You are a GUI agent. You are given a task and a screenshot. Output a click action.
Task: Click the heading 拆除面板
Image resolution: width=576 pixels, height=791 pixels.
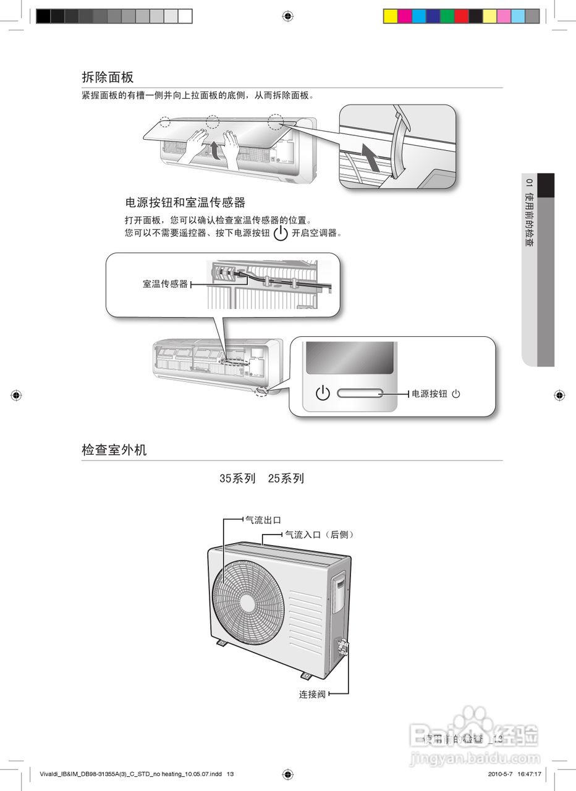point(108,77)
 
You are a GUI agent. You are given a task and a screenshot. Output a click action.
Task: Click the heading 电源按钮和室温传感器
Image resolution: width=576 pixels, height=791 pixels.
point(185,203)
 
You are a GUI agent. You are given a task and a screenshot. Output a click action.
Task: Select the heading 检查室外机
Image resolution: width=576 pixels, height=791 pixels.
point(114,450)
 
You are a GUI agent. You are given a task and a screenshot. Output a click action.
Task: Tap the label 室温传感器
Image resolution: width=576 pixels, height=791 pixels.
point(165,284)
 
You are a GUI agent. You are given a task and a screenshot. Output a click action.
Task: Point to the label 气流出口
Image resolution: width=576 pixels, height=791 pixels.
point(263,520)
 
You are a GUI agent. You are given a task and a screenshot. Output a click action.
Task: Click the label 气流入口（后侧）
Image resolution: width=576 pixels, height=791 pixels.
point(320,535)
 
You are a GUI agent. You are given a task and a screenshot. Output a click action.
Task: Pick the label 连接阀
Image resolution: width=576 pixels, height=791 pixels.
point(312,695)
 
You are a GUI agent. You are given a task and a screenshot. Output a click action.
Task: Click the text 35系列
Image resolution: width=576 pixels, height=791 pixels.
point(237,479)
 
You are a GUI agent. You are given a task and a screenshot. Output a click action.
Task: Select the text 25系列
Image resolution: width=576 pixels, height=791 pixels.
point(286,479)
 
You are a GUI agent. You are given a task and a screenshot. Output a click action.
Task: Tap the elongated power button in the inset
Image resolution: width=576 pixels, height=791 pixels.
point(360,394)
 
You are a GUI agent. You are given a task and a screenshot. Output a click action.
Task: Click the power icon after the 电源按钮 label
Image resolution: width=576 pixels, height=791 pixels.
point(456,394)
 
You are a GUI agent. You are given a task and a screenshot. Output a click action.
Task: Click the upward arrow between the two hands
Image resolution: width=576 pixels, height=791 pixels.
point(213,150)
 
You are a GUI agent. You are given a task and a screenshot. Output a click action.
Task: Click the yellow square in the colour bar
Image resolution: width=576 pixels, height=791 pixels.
point(390,16)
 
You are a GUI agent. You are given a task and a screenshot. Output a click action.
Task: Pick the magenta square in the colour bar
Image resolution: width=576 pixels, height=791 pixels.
point(404,16)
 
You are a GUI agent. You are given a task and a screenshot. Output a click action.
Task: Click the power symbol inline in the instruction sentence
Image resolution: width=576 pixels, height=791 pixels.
point(281,234)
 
